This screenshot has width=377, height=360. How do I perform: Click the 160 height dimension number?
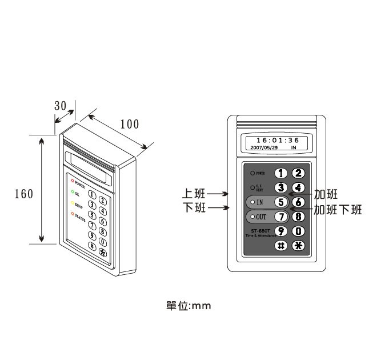pos(23,194)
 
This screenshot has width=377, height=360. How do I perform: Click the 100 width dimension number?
pos(130,124)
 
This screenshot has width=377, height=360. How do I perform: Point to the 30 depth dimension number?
pos(61,106)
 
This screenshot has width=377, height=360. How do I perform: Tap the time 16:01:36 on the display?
pos(277,141)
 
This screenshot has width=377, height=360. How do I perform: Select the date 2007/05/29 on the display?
pos(264,147)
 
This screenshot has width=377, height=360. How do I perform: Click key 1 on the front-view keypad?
pos(281,173)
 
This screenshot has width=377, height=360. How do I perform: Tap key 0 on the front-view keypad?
pos(298,231)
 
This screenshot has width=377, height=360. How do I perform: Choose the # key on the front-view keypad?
pos(281,246)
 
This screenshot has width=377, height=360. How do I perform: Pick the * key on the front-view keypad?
pos(298,246)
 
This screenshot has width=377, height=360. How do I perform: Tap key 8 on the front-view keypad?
pos(298,217)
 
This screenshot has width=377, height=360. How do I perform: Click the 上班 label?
pos(194,194)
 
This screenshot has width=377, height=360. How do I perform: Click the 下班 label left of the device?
pos(194,208)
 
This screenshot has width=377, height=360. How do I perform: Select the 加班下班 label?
pos(338,210)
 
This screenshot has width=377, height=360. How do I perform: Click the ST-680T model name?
pos(260,230)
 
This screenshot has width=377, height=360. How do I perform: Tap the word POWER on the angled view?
pos(80,186)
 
